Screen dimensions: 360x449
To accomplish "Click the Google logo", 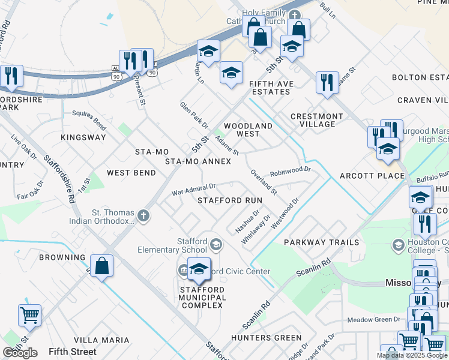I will coord(20,353).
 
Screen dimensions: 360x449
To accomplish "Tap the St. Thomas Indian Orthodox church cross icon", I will coord(143,215).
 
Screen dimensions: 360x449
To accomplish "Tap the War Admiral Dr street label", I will coord(193,190).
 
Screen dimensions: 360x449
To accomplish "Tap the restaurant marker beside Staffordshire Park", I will coord(11,76).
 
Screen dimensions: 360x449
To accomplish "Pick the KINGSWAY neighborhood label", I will coord(83,137).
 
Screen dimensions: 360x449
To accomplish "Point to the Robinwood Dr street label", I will coord(291,170).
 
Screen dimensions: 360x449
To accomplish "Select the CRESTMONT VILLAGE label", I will coord(317,120).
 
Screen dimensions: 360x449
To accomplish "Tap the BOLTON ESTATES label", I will coord(420,77).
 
